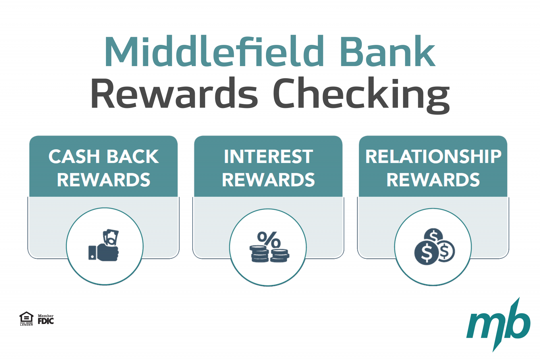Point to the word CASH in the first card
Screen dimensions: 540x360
(74, 157)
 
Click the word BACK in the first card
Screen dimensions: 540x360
(133, 157)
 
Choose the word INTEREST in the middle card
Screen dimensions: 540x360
(269, 157)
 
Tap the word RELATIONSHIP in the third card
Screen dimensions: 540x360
(433, 157)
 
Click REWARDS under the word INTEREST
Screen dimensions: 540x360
(269, 180)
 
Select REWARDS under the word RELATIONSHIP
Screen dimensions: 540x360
(433, 180)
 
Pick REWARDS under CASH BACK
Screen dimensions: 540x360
(104, 180)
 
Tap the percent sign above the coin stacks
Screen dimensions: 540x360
(269, 240)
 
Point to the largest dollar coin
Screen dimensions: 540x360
(427, 253)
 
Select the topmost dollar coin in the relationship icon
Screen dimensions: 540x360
(433, 235)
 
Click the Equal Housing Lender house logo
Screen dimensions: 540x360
(26, 319)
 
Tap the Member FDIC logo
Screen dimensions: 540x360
(46, 319)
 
